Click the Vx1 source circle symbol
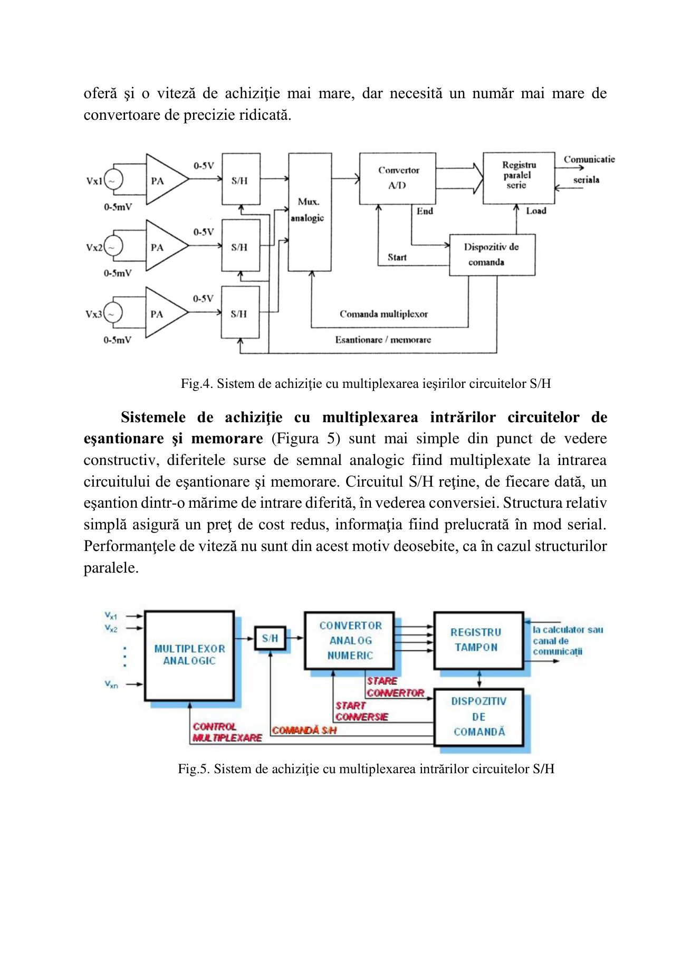[113, 181]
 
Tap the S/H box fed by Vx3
[241, 312]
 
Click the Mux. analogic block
[310, 212]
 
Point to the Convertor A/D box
[398, 178]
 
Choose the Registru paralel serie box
[519, 178]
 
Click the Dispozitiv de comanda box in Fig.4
[492, 255]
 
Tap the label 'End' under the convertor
[425, 211]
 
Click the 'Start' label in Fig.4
[397, 258]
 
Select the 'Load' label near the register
[536, 211]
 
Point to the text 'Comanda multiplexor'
[383, 314]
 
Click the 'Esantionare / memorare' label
[383, 340]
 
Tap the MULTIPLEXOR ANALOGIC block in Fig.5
[189, 656]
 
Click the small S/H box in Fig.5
[270, 639]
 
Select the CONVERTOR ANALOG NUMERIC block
[350, 641]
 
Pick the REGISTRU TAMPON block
[478, 641]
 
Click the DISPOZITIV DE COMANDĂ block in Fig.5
[479, 717]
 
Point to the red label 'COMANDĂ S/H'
[304, 730]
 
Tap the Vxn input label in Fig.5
[111, 685]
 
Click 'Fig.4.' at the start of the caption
[197, 384]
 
